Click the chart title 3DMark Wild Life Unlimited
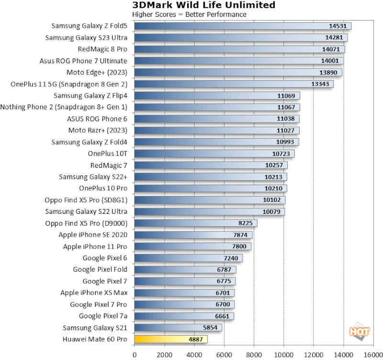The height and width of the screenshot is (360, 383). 203,5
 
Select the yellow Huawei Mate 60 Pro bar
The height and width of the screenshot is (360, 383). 170,339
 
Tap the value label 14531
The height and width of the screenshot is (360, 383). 338,26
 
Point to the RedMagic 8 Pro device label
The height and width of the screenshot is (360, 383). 102,49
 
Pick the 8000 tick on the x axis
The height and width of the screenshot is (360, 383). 254,355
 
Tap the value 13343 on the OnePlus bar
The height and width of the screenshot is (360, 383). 321,84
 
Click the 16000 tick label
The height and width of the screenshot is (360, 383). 372,355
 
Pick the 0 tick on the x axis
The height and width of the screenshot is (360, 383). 135,355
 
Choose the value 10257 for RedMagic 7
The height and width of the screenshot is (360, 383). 277,165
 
